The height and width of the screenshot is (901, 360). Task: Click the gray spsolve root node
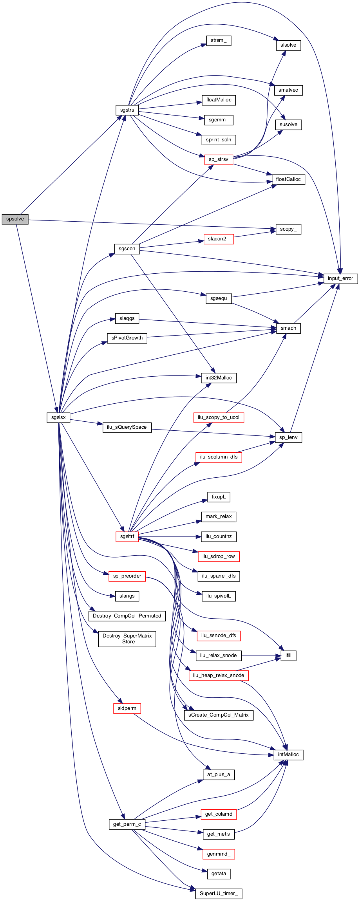pyautogui.click(x=15, y=219)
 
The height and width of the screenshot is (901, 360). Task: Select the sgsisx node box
pyautogui.click(x=58, y=417)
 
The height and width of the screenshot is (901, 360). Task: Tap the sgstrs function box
pyautogui.click(x=127, y=110)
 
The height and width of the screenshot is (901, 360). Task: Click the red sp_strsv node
pyautogui.click(x=219, y=159)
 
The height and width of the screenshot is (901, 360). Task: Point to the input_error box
pyautogui.click(x=340, y=278)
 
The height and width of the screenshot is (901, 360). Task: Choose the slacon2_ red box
pyautogui.click(x=219, y=239)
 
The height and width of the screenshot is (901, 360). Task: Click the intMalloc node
pyautogui.click(x=288, y=755)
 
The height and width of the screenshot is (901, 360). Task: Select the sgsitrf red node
pyautogui.click(x=127, y=536)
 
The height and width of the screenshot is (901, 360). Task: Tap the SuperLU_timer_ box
pyautogui.click(x=219, y=894)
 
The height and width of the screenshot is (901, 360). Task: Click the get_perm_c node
pyautogui.click(x=127, y=824)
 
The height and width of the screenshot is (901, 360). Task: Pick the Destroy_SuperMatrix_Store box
pyautogui.click(x=127, y=639)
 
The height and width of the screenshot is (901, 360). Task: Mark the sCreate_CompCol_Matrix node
pyautogui.click(x=219, y=715)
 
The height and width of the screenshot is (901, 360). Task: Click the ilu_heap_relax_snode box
pyautogui.click(x=219, y=675)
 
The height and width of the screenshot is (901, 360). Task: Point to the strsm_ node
pyautogui.click(x=219, y=41)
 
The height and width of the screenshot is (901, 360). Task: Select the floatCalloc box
pyautogui.click(x=288, y=179)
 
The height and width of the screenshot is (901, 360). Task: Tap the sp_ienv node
pyautogui.click(x=288, y=437)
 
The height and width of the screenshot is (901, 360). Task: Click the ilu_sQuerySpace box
pyautogui.click(x=127, y=427)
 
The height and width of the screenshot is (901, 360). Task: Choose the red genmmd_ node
pyautogui.click(x=219, y=854)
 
